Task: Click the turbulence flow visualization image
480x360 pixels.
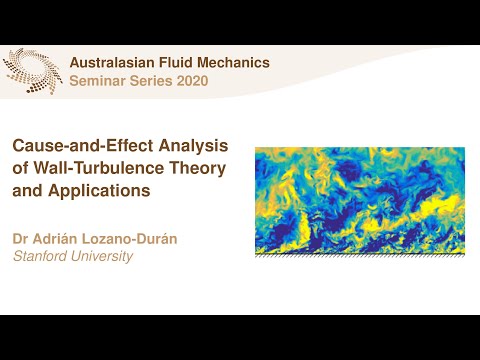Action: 360,200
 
